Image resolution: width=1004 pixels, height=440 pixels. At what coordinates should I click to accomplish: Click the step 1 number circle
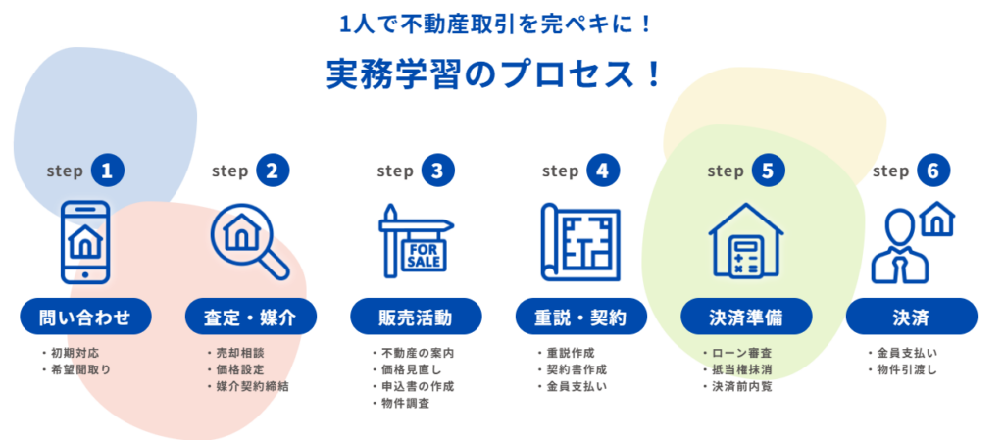pos(108,171)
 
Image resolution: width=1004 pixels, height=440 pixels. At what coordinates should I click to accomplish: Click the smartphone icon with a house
pos(86,241)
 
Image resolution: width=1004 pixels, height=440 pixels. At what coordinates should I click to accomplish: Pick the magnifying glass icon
pos(249,241)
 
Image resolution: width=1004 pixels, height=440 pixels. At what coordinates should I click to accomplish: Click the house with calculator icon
pos(746,241)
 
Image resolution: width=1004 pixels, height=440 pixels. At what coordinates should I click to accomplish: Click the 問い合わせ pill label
pos(86,318)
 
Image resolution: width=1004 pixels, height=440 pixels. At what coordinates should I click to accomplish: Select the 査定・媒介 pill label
pos(251,318)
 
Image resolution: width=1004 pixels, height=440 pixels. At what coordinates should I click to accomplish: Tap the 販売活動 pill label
pos(416,318)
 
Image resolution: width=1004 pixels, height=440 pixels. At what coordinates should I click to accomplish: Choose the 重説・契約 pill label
pos(581,318)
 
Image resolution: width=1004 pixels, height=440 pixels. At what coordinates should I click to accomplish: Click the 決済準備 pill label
pos(746,318)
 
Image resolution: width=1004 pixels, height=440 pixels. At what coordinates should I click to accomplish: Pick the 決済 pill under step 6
pos(911,318)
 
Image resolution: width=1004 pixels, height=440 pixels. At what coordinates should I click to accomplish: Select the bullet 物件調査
pos(405,404)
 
